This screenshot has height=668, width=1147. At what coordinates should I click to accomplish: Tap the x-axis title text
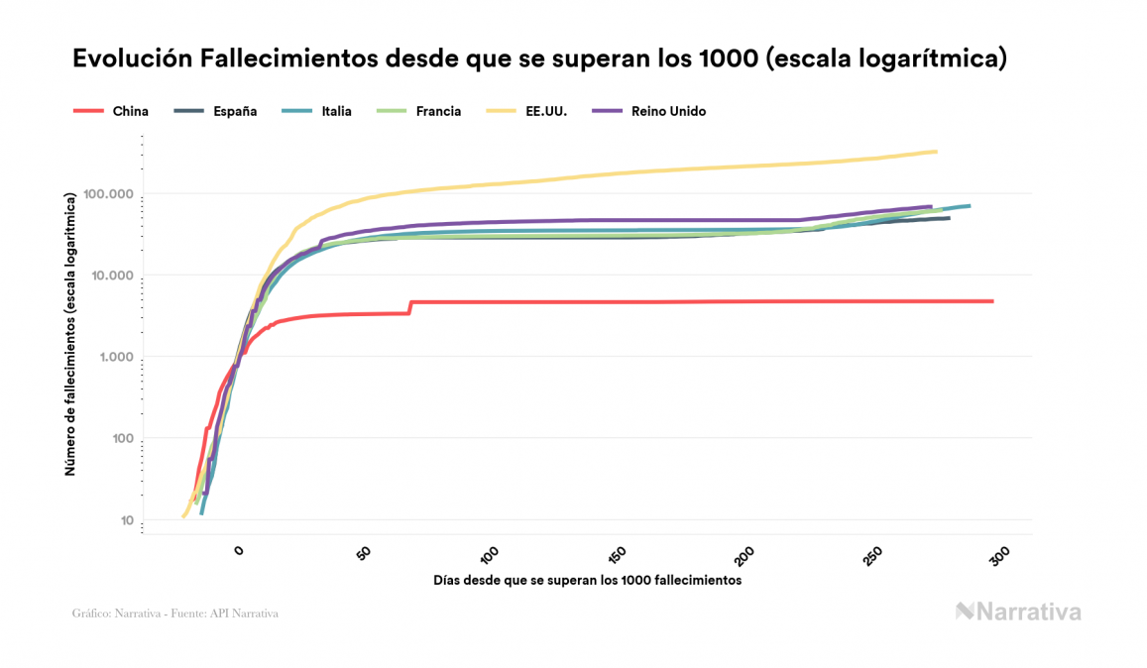587,580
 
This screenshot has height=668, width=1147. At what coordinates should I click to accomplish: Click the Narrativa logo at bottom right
1018,612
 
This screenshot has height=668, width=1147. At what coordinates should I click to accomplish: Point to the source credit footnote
175,613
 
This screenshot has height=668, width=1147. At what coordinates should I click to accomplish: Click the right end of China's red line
991,301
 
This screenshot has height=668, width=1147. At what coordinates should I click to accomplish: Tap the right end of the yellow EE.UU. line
936,152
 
